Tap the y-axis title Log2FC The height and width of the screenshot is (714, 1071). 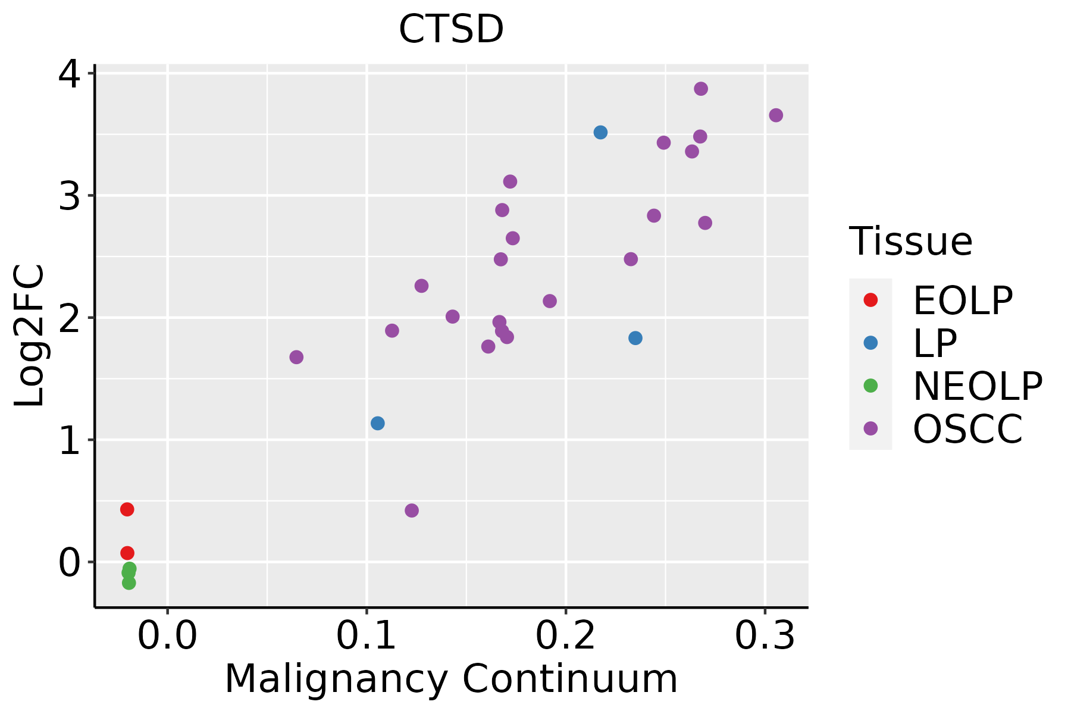click(30, 336)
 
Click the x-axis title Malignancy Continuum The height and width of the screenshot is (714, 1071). click(451, 679)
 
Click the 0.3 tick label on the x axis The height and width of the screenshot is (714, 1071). click(765, 636)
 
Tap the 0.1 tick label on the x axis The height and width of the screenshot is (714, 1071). click(367, 636)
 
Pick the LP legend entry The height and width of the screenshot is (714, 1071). click(934, 343)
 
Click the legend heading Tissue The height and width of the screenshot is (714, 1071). click(910, 242)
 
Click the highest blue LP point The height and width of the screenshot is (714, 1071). click(600, 132)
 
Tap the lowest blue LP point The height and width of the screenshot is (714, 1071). click(377, 423)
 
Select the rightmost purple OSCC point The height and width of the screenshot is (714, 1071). click(776, 115)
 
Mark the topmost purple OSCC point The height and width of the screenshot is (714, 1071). click(701, 89)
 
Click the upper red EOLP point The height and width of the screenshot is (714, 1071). click(127, 509)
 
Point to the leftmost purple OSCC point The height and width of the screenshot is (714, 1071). click(296, 357)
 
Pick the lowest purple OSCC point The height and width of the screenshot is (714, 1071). click(412, 511)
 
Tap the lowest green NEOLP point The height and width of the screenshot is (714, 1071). click(129, 583)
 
